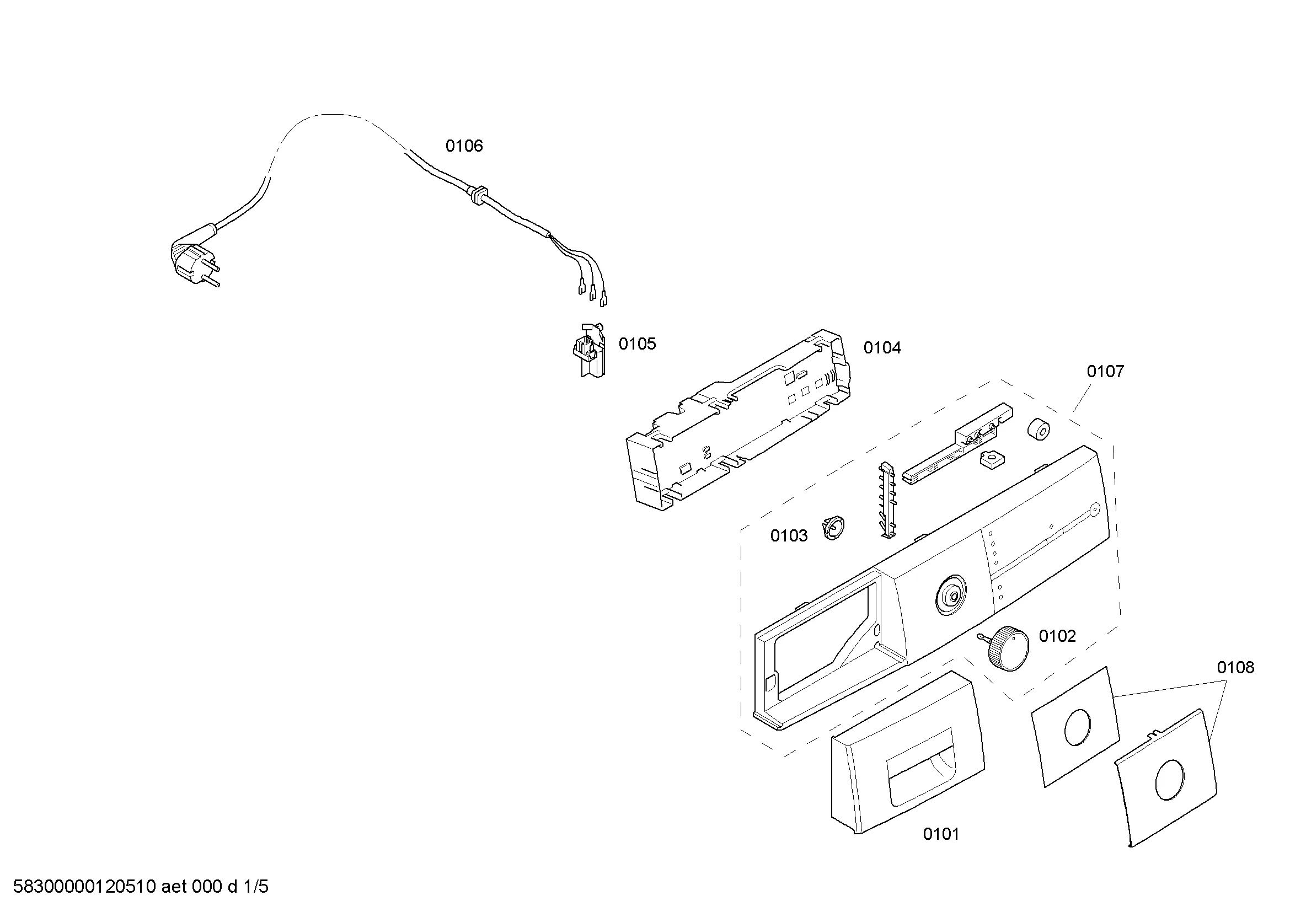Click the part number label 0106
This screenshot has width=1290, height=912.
pyautogui.click(x=464, y=146)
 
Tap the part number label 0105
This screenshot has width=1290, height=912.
pyautogui.click(x=637, y=344)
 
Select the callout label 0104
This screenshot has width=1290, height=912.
pyautogui.click(x=882, y=348)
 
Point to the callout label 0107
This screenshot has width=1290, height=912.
pyautogui.click(x=1105, y=371)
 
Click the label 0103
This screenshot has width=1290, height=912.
pyautogui.click(x=789, y=536)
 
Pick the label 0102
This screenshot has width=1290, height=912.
pyautogui.click(x=1057, y=636)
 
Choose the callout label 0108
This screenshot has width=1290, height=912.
pyautogui.click(x=1235, y=667)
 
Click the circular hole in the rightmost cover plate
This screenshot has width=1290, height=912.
pyautogui.click(x=1170, y=780)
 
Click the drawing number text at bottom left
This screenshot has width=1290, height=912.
pyautogui.click(x=141, y=887)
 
